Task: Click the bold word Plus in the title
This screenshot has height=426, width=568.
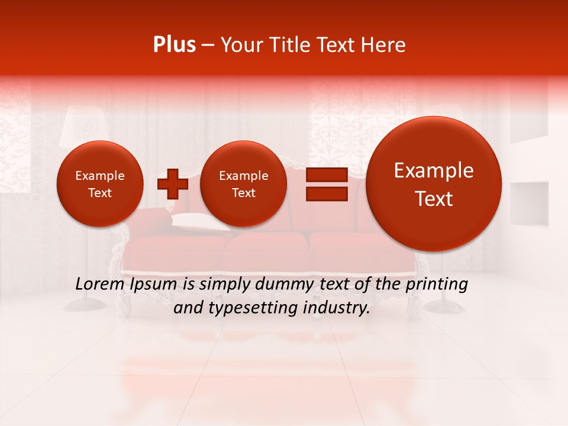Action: pyautogui.click(x=174, y=45)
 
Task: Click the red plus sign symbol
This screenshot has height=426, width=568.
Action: pyautogui.click(x=172, y=183)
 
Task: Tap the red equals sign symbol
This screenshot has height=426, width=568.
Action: pyautogui.click(x=326, y=184)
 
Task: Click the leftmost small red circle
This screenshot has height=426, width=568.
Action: pyautogui.click(x=99, y=183)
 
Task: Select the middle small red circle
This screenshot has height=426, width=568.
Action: pyautogui.click(x=243, y=183)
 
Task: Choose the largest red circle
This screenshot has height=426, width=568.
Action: pyautogui.click(x=434, y=183)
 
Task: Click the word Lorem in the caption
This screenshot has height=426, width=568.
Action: pyautogui.click(x=98, y=284)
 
